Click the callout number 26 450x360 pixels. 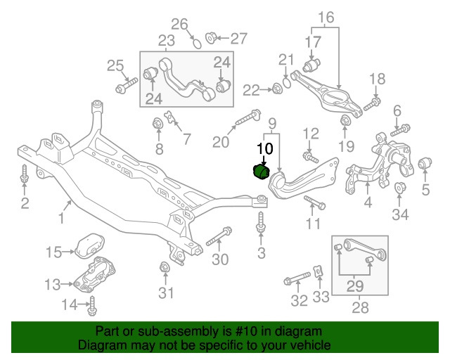[181, 26]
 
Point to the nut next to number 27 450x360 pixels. [210, 37]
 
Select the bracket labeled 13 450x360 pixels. [97, 276]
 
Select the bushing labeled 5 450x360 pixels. [424, 165]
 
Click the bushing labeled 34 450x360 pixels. [399, 189]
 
